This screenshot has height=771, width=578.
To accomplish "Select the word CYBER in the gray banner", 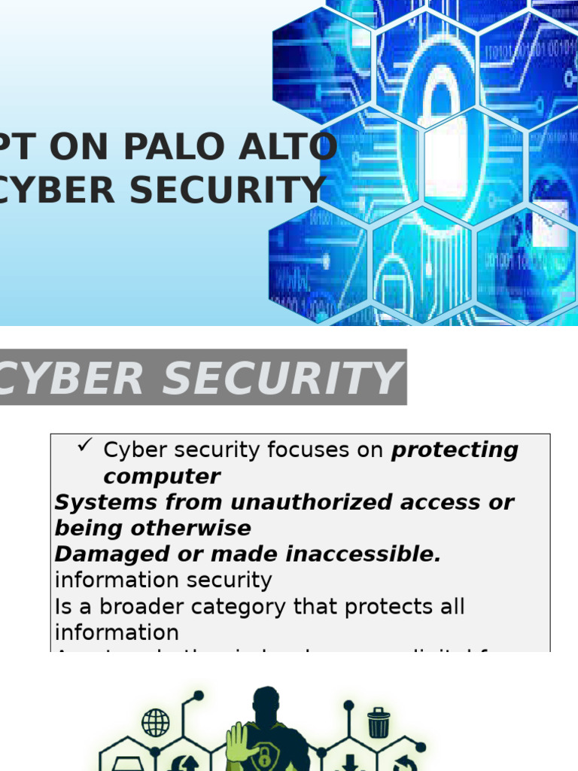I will pyautogui.click(x=71, y=378).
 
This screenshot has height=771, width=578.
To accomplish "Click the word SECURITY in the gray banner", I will pyautogui.click(x=281, y=378).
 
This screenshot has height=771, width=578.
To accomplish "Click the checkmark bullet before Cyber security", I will pyautogui.click(x=84, y=447).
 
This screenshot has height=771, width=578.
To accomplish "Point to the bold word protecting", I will pyautogui.click(x=455, y=450).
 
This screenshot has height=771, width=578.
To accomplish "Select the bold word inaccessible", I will pyautogui.click(x=364, y=554).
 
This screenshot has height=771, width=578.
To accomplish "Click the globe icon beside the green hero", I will pyautogui.click(x=156, y=723).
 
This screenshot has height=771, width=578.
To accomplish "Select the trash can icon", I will pyautogui.click(x=379, y=724).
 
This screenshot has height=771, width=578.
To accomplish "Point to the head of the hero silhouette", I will pyautogui.click(x=266, y=703).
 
